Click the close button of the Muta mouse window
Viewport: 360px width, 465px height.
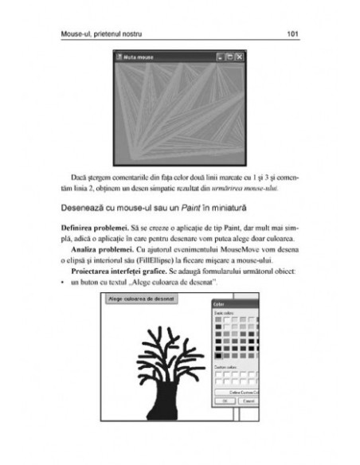[239, 58]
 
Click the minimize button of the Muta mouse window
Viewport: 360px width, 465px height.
[221, 58]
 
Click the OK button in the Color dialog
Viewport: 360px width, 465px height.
[225, 401]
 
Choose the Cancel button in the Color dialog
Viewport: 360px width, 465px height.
[247, 401]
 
